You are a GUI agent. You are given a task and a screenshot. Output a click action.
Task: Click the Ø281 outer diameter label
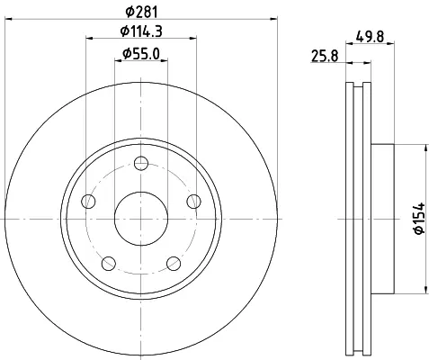(x=141, y=12)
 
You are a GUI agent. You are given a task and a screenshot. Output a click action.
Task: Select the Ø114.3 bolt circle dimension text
(x=141, y=31)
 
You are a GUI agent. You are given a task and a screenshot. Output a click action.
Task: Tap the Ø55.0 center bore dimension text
(x=141, y=54)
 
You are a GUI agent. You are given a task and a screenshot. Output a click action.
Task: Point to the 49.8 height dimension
(x=370, y=37)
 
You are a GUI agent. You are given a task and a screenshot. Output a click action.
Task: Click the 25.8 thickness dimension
(x=325, y=56)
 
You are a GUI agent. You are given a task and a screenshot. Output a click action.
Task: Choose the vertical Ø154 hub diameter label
(x=419, y=218)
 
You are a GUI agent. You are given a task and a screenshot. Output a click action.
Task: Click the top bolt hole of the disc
(x=141, y=164)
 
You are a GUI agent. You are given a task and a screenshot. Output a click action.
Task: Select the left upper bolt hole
(x=88, y=202)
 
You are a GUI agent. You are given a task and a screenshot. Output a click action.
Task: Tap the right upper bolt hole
(x=193, y=202)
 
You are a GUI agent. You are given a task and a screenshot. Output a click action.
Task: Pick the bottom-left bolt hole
(x=109, y=264)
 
